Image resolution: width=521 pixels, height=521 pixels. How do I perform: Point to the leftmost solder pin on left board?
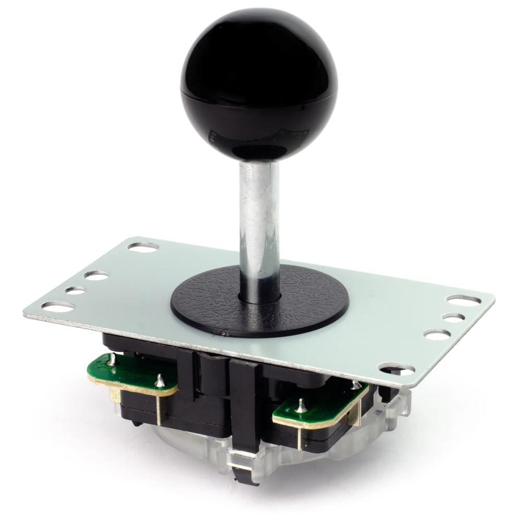click(111, 358)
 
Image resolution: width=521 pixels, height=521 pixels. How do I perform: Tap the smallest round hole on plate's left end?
click(76, 291)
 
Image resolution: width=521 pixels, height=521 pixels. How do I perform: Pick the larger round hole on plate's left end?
click(96, 275)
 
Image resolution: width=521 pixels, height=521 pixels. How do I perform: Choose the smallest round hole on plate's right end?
click(452, 317)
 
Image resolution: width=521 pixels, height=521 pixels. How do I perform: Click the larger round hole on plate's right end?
click(437, 334)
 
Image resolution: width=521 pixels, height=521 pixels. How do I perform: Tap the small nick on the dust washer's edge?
click(224, 332)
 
